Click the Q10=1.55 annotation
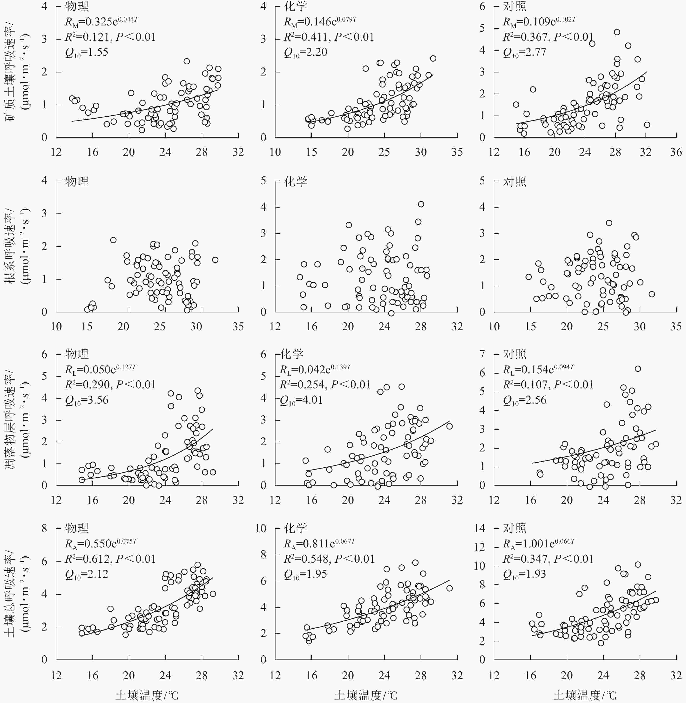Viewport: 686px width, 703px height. coord(86,53)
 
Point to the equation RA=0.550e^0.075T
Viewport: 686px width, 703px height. coord(101,544)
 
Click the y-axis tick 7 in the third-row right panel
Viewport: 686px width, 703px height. coord(482,354)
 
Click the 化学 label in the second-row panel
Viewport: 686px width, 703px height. coord(296,181)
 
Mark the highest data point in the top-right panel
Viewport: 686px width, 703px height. coord(617,32)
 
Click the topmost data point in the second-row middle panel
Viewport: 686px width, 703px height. coord(421,204)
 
